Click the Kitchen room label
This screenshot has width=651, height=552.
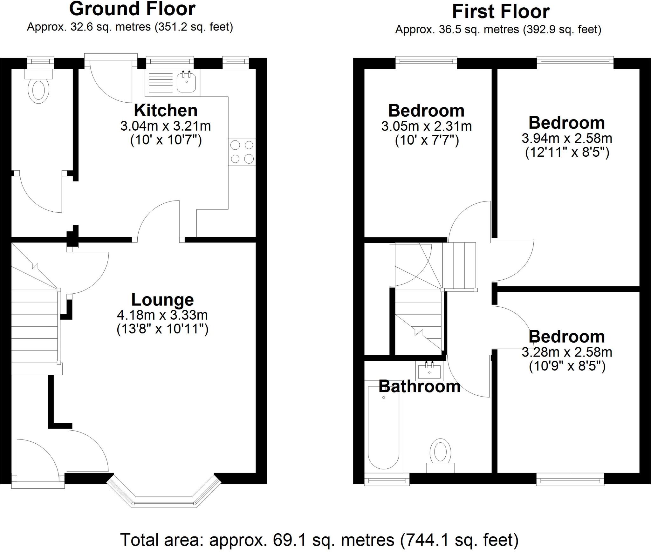pos(166,111)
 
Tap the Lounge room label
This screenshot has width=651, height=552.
pos(162,300)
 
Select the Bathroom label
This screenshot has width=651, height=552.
pos(419,386)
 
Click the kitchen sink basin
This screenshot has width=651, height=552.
pos(186,82)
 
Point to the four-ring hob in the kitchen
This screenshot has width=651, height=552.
pos(242,152)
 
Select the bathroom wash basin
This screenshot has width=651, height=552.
pos(429,371)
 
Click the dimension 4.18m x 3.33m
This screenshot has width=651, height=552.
pos(162,315)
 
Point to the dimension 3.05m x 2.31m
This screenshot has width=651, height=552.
pos(426,126)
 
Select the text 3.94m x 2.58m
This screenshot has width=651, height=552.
pos(567,138)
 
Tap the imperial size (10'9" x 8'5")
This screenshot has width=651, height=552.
pos(567,366)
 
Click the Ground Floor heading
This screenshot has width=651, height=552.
pos(132,9)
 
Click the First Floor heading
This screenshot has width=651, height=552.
pos(501,12)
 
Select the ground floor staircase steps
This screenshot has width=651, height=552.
pos(35,327)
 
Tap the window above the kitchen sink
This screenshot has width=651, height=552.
pos(170,63)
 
